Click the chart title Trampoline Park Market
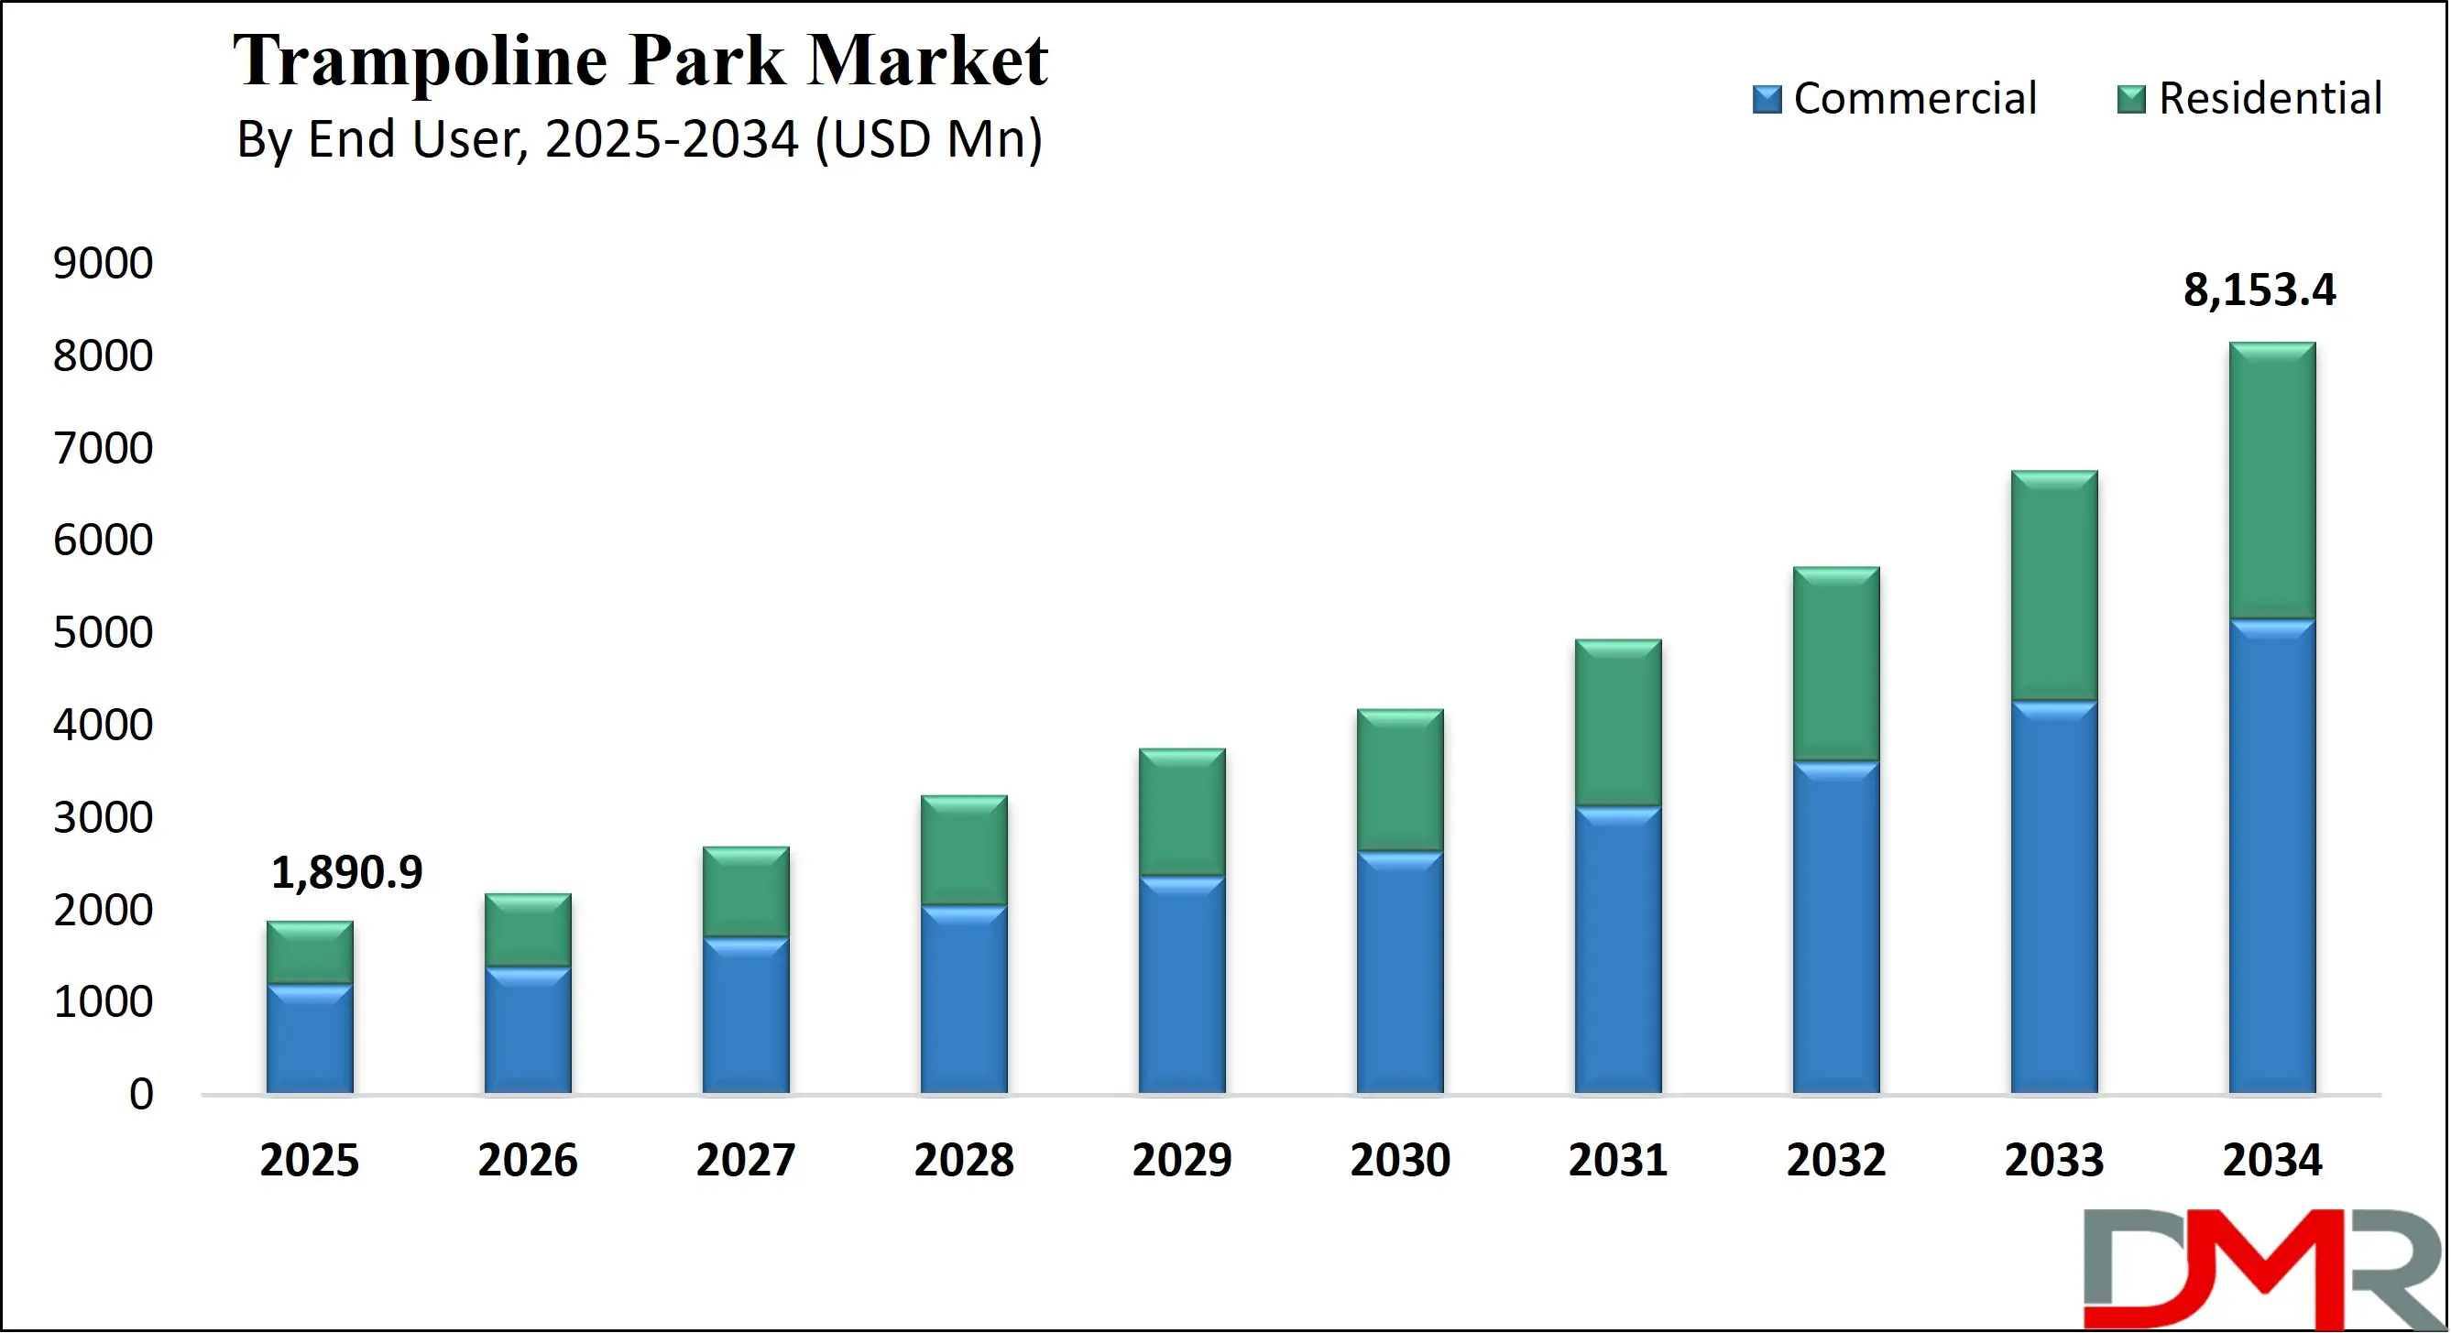pyautogui.click(x=640, y=60)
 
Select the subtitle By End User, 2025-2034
pyautogui.click(x=640, y=140)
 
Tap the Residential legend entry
pyautogui.click(x=2250, y=99)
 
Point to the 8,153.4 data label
pyautogui.click(x=2258, y=290)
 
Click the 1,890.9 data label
pyautogui.click(x=346, y=872)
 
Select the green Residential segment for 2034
pyautogui.click(x=2272, y=480)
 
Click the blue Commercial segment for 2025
pyautogui.click(x=309, y=1039)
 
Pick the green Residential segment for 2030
pyautogui.click(x=1400, y=781)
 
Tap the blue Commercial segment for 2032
pyautogui.click(x=1835, y=928)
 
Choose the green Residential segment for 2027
pyautogui.click(x=746, y=891)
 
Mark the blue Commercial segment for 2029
pyautogui.click(x=1182, y=985)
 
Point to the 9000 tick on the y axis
pyautogui.click(x=103, y=264)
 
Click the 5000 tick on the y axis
pyautogui.click(x=103, y=633)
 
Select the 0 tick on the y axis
pyautogui.click(x=141, y=1094)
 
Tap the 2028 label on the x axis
pyautogui.click(x=964, y=1160)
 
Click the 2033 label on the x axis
pyautogui.click(x=2054, y=1160)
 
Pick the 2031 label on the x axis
pyautogui.click(x=1617, y=1160)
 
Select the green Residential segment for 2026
pyautogui.click(x=528, y=930)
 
